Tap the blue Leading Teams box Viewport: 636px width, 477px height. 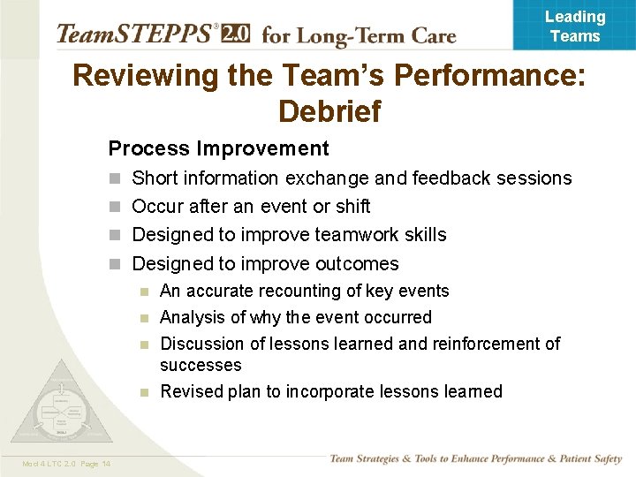(574, 26)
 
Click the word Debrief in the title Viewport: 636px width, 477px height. (329, 111)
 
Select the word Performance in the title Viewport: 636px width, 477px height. (489, 75)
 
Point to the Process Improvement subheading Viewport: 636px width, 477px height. (218, 148)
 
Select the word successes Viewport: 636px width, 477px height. (201, 365)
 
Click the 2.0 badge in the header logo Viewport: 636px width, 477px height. (234, 34)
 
